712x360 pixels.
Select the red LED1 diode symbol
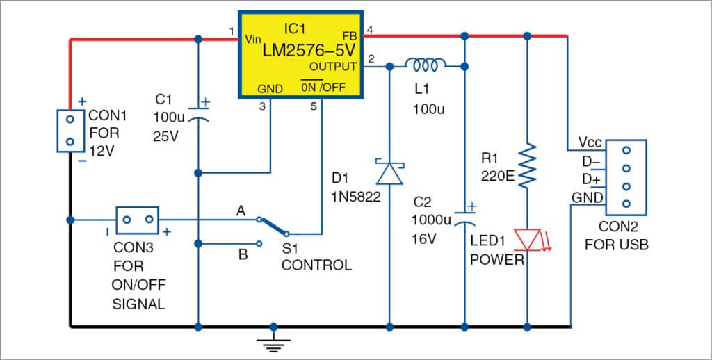point(528,240)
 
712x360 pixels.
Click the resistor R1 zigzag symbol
point(528,164)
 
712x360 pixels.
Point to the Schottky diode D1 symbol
point(389,172)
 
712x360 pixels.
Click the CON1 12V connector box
point(70,130)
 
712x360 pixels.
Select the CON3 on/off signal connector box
point(137,220)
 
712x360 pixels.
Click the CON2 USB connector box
point(626,177)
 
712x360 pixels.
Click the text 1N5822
point(355,197)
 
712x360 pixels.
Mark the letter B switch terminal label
point(243,254)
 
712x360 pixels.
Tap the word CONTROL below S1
point(316,265)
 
